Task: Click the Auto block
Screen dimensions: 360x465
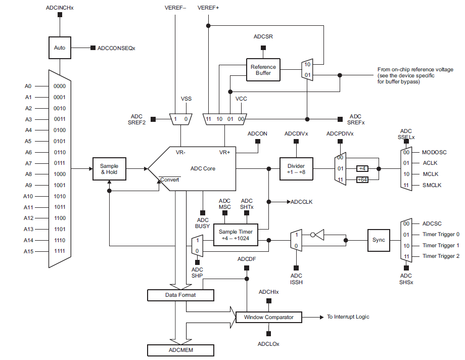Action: point(60,48)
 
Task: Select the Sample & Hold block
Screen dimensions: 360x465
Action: point(109,169)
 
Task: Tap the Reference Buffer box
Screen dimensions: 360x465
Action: point(263,70)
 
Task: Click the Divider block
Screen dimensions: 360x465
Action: point(296,168)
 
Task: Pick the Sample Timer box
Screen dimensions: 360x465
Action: point(235,235)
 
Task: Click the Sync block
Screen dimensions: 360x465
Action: point(378,240)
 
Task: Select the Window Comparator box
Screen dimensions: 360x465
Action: point(269,317)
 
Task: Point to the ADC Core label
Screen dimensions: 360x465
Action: point(203,168)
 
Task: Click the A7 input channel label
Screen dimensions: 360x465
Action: point(28,163)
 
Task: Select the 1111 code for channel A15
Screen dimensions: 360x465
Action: point(59,251)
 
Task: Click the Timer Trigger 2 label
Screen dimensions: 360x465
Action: point(441,256)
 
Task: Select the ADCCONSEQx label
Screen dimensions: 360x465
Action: point(116,48)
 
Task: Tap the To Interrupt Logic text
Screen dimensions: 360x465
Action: point(348,317)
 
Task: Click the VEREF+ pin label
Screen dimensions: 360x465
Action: point(208,8)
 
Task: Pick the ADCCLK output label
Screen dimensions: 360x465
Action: point(302,202)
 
